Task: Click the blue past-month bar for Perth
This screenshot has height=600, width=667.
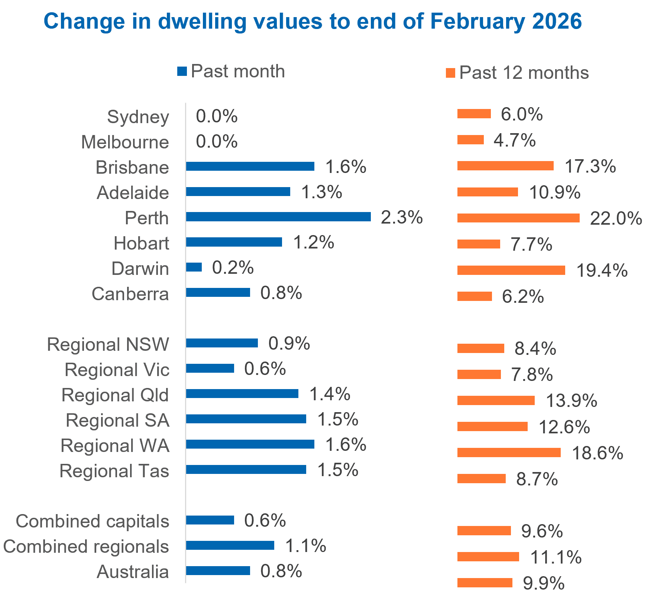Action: [x=278, y=216]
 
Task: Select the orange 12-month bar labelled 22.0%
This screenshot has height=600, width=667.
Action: [x=518, y=218]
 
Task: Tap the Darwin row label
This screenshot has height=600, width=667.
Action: [x=140, y=269]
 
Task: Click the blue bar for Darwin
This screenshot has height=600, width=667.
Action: [x=194, y=267]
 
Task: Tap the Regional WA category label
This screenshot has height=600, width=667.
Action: [x=115, y=446]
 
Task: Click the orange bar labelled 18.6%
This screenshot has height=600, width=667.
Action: [x=509, y=452]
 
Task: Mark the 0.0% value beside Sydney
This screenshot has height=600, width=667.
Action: [x=217, y=116]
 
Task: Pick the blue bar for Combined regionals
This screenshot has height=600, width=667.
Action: [x=230, y=545]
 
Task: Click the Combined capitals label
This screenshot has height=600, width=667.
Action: [x=93, y=521]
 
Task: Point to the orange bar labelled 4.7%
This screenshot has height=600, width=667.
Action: [x=470, y=140]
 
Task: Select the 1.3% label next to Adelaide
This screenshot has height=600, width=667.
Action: [x=321, y=192]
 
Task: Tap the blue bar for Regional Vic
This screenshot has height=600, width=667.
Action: [x=210, y=368]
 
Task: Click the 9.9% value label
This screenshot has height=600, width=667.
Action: [x=543, y=583]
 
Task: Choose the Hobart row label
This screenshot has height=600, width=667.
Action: [x=141, y=243]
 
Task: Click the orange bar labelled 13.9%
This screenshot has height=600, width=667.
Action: [x=496, y=400]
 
